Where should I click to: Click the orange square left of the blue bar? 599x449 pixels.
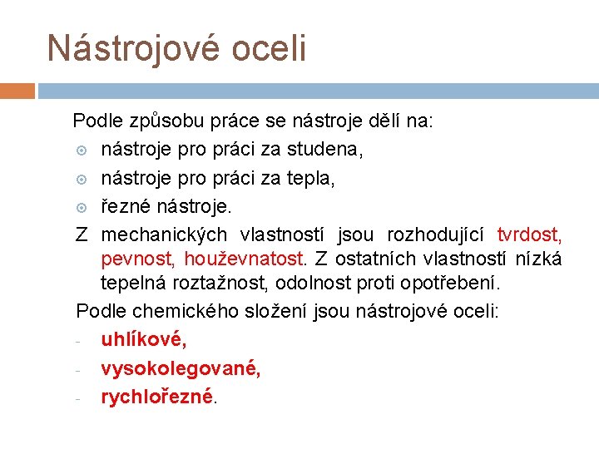pos(17,91)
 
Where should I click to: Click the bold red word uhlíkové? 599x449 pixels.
pos(144,339)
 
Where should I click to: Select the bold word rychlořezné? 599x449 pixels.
pos(157,396)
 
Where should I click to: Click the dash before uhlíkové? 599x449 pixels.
pos(77,341)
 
